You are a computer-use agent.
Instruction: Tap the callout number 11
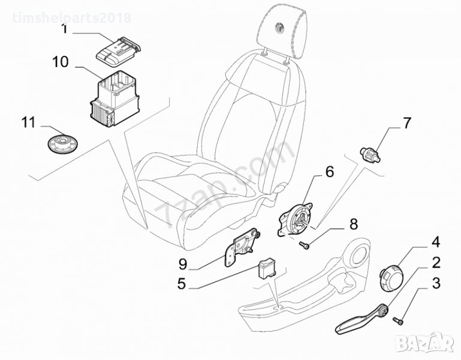(29, 123)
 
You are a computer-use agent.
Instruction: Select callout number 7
(406, 124)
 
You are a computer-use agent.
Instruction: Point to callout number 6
(329, 172)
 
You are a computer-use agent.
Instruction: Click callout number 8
(353, 224)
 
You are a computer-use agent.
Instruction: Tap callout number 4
(436, 242)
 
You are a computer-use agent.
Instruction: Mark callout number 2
(436, 262)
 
